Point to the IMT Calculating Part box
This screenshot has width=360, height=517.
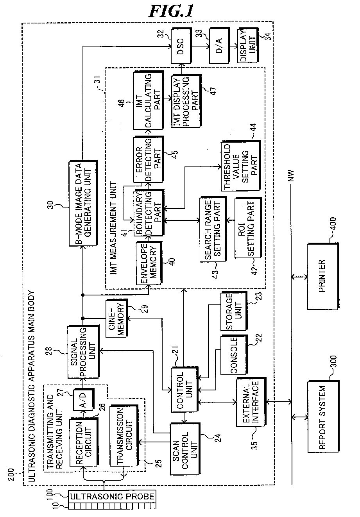(147, 100)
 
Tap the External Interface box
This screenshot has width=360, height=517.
(250, 402)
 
